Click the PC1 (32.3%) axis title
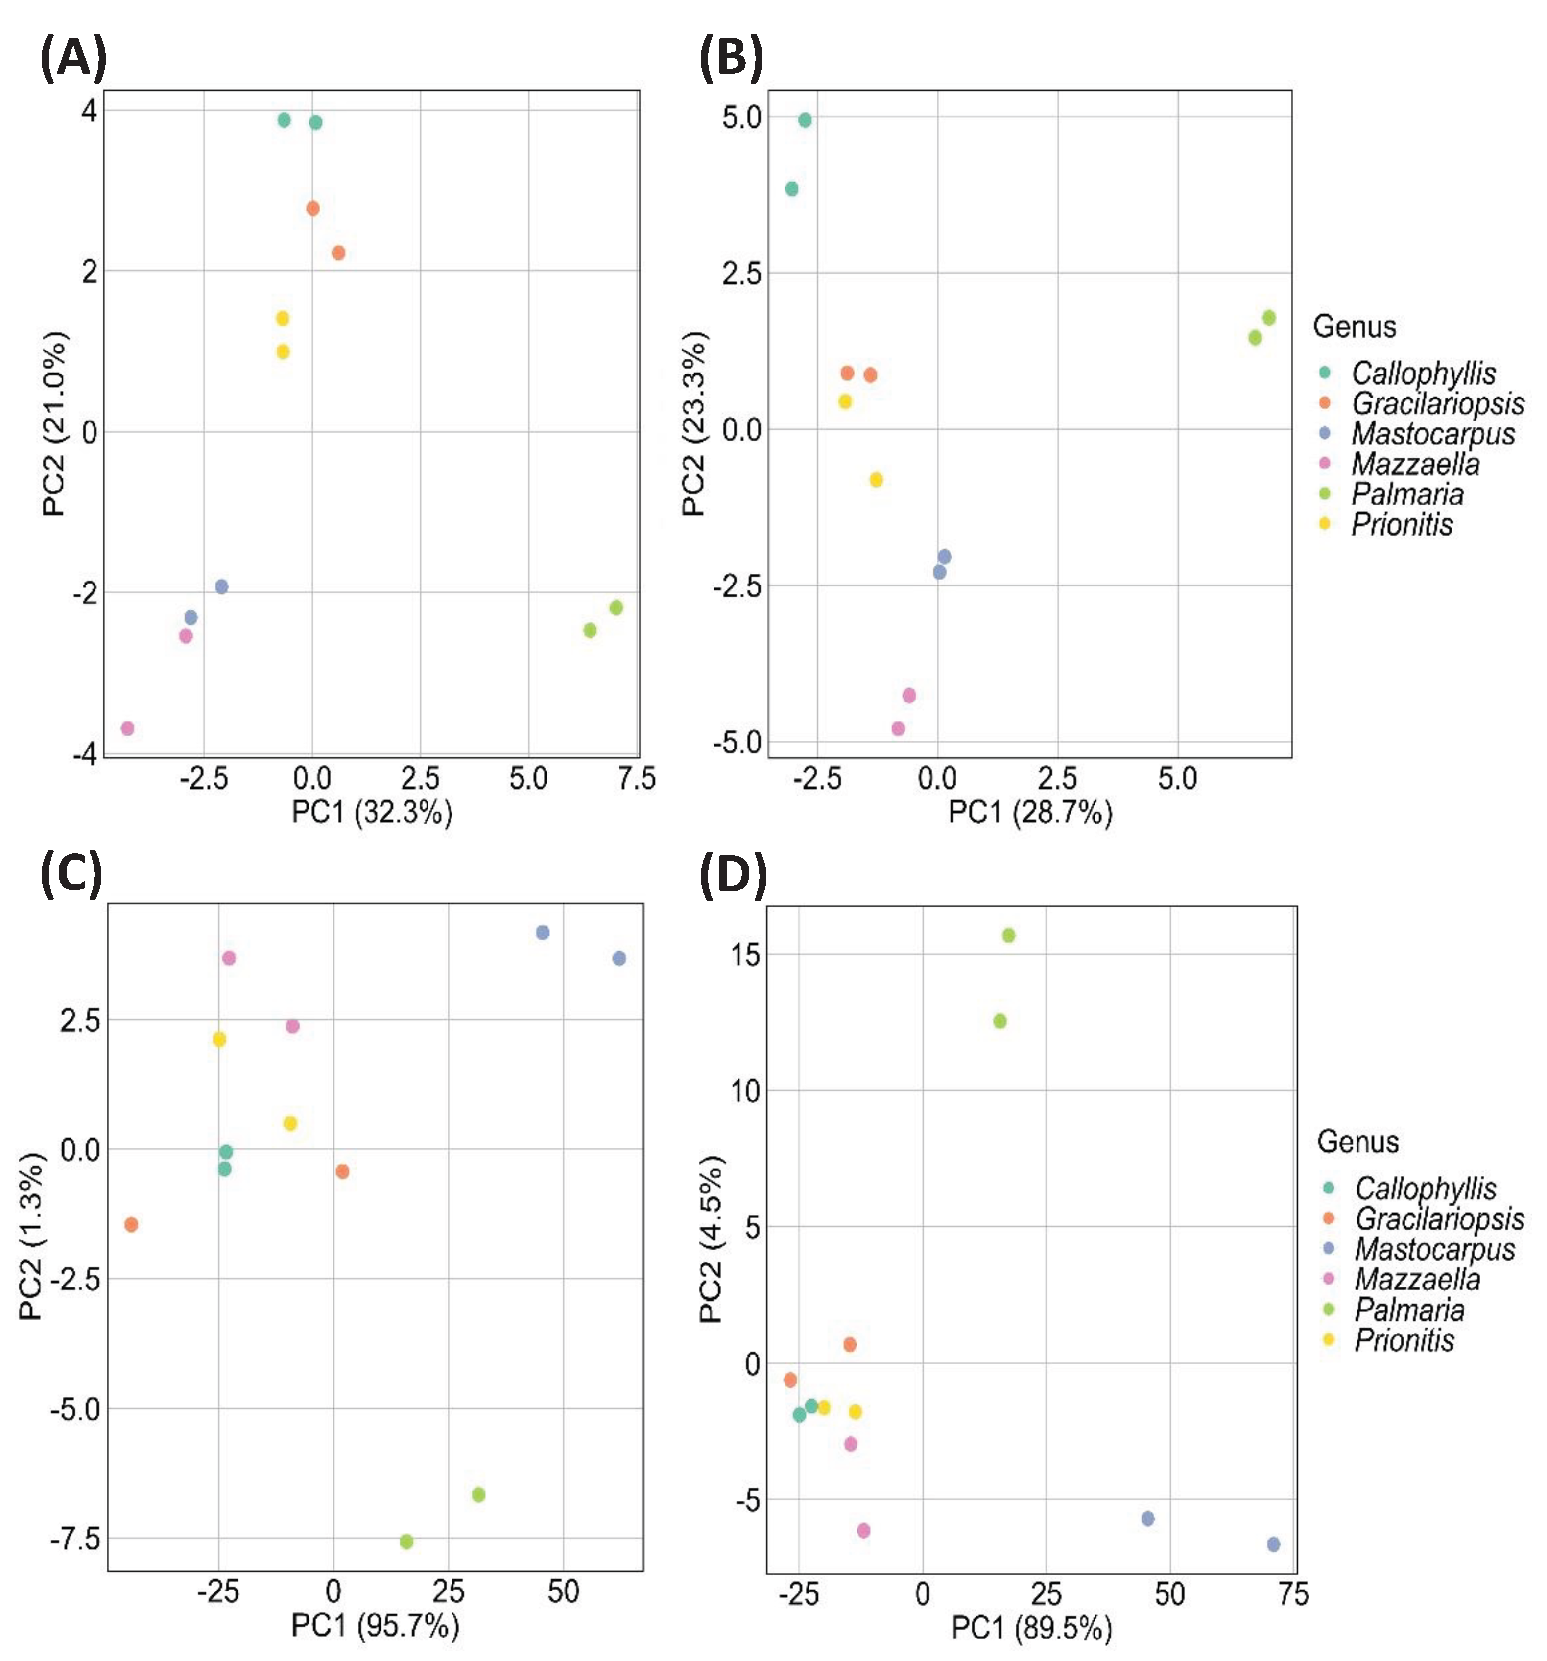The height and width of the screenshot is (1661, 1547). [372, 812]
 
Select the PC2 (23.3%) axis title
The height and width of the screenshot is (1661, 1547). [694, 423]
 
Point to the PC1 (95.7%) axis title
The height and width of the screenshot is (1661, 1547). [375, 1625]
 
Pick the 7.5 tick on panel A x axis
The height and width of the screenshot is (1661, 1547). [636, 779]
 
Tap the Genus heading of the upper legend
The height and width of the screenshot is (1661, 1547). [1354, 326]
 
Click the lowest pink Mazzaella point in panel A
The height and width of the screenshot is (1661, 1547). [127, 728]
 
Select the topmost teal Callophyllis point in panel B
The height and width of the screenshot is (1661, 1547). [805, 120]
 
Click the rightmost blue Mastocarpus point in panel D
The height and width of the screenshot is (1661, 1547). [1273, 1545]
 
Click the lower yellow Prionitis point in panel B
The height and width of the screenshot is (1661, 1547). [876, 480]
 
